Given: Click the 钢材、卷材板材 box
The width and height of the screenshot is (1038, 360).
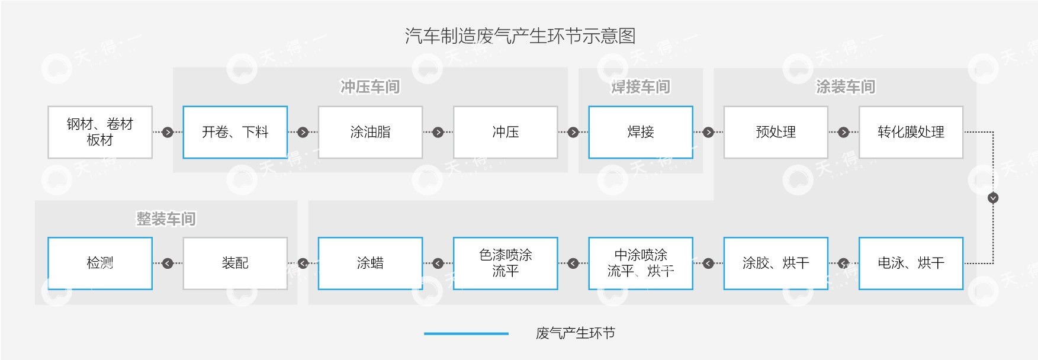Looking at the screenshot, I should tap(99, 132).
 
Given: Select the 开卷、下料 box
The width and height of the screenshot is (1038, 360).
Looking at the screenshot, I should tap(235, 132).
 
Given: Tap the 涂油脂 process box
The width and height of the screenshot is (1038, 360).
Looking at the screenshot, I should tap(370, 132).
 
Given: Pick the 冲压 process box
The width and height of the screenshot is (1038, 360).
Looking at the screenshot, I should tap(505, 132).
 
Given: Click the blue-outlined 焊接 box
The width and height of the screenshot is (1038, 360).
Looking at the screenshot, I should tap(640, 132).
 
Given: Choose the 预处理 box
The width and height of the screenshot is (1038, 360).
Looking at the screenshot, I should tap(776, 132).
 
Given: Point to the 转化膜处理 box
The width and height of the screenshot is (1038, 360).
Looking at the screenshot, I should tap(911, 132).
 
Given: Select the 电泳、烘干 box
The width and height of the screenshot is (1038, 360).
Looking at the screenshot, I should tap(911, 263).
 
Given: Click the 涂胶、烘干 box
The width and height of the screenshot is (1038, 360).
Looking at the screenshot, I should tap(776, 263).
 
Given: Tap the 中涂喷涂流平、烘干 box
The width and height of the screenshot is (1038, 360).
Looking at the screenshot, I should tap(640, 263).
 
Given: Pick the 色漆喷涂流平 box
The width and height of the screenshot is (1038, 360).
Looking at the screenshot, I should tap(505, 263).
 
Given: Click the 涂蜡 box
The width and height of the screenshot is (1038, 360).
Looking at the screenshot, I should tap(370, 263).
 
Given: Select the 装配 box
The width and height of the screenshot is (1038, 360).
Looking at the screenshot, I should tap(235, 263).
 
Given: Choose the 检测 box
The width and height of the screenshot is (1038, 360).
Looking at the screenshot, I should tap(99, 263).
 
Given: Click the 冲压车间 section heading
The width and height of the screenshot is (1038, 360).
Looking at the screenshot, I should tap(370, 87).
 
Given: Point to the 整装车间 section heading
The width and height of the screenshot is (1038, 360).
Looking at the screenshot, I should tap(166, 219).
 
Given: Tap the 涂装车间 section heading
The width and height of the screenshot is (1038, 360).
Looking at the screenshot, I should tap(845, 87).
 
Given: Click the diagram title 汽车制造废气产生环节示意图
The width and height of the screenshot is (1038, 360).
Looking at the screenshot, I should tap(520, 36).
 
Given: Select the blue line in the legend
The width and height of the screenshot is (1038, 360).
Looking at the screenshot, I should tap(466, 334).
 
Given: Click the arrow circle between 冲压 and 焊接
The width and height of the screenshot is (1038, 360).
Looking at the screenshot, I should tap(573, 132).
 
